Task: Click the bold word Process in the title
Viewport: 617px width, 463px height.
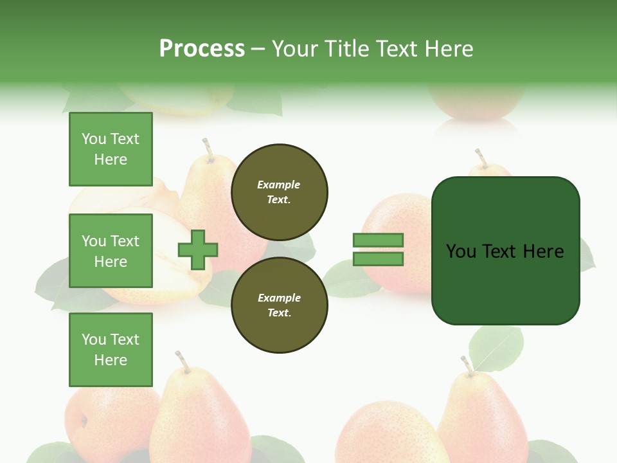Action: [x=202, y=49]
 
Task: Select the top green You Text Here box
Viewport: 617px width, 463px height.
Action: [x=111, y=149]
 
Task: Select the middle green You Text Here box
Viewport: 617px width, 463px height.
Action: [x=111, y=251]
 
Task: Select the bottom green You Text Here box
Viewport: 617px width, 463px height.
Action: [x=111, y=350]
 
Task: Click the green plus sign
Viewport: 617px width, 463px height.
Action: [x=198, y=249]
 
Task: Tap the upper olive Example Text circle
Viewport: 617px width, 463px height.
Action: [x=279, y=192]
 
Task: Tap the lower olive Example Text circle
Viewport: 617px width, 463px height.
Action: [x=279, y=305]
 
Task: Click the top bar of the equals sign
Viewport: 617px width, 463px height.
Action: [x=378, y=240]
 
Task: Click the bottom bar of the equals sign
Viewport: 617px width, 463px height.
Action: [x=378, y=259]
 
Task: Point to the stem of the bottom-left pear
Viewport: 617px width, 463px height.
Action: [x=183, y=362]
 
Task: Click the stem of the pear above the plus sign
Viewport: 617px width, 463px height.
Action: [x=208, y=149]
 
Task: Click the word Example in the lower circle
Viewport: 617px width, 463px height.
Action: [x=279, y=298]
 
